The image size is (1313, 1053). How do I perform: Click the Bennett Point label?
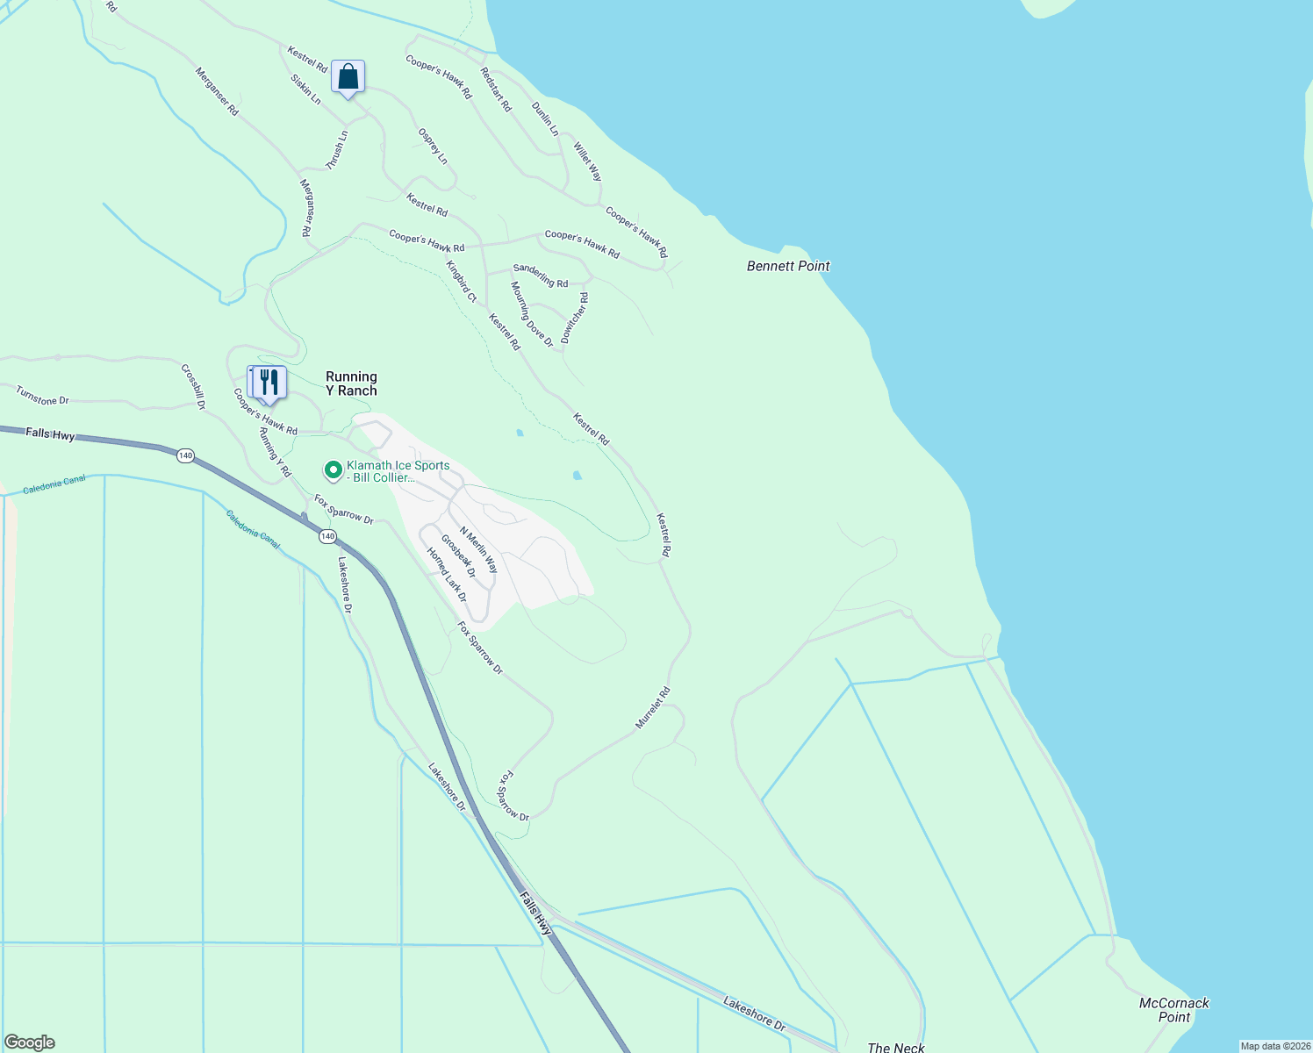787,266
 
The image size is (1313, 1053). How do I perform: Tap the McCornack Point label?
1173,1010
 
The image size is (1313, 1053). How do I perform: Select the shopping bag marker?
348,77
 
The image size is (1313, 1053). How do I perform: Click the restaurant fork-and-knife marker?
269,383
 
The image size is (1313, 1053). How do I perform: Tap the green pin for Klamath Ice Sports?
334,471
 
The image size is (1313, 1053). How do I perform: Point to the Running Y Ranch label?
351,383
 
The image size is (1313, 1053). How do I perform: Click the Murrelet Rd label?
653,707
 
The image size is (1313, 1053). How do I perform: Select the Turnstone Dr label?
42,396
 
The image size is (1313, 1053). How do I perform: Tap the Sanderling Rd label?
541,276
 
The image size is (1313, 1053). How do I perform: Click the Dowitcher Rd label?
576,318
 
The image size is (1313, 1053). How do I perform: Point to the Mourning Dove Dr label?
532,314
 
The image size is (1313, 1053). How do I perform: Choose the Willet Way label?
588,161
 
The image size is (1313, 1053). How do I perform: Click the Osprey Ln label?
433,147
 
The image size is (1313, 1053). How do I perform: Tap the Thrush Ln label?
337,150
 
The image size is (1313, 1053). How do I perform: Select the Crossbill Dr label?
193,387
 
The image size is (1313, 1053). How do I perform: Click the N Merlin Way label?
478,550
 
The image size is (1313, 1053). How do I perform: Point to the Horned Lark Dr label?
447,575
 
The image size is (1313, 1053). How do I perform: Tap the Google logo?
30,1042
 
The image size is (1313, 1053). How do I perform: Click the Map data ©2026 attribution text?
1275,1046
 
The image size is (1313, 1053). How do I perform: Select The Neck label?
895,1047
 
